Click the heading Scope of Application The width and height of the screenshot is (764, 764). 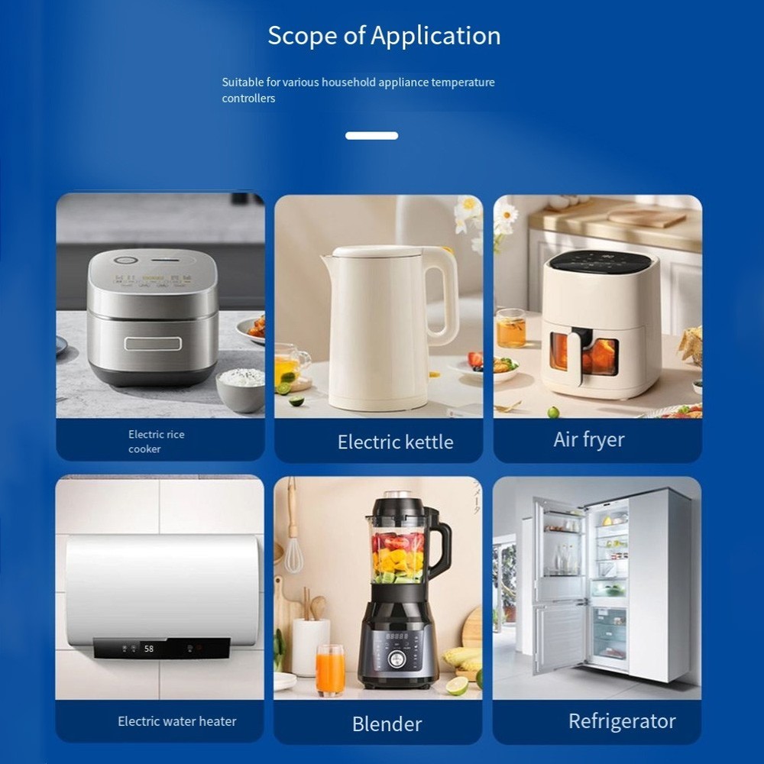[x=384, y=36]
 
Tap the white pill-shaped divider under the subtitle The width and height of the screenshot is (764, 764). [x=372, y=136]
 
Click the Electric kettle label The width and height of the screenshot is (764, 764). [x=395, y=442]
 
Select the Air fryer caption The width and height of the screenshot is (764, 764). [x=588, y=439]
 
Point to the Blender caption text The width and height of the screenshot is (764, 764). [x=387, y=724]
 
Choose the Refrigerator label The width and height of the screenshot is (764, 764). [x=622, y=722]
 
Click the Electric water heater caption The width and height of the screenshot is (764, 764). [x=177, y=721]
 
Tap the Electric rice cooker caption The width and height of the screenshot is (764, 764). [x=157, y=442]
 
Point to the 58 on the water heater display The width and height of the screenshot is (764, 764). [x=149, y=649]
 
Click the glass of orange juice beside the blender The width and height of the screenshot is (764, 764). [x=330, y=670]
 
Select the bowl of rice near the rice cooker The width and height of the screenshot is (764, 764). [x=241, y=389]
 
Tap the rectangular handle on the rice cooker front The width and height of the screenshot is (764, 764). [x=153, y=344]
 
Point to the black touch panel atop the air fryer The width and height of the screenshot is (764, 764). [x=599, y=263]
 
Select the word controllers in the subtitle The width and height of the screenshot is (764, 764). [x=248, y=99]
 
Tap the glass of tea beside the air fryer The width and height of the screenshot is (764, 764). [x=511, y=329]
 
